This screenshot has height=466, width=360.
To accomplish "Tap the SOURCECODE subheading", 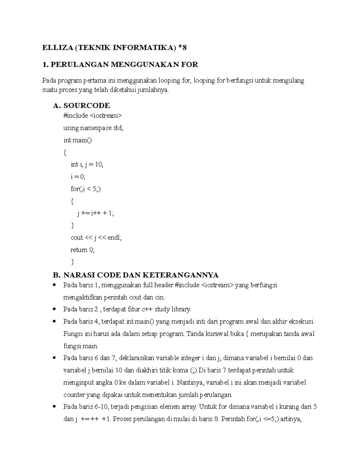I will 86,105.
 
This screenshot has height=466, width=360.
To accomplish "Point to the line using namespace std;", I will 93,128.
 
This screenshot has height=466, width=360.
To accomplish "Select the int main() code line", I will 77,140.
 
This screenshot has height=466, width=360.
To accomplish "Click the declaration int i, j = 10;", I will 87,164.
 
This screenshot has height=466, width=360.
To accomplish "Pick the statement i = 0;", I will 78,177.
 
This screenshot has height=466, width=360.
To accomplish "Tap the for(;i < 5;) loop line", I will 85,189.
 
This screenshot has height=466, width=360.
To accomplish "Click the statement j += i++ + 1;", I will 96,213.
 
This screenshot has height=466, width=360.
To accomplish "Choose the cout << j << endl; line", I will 96,238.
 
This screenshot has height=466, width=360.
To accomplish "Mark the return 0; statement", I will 82,250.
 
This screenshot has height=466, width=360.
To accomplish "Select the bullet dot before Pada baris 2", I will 54,309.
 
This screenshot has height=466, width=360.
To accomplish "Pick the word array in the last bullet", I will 188,407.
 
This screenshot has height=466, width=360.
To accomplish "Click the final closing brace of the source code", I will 72,262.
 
